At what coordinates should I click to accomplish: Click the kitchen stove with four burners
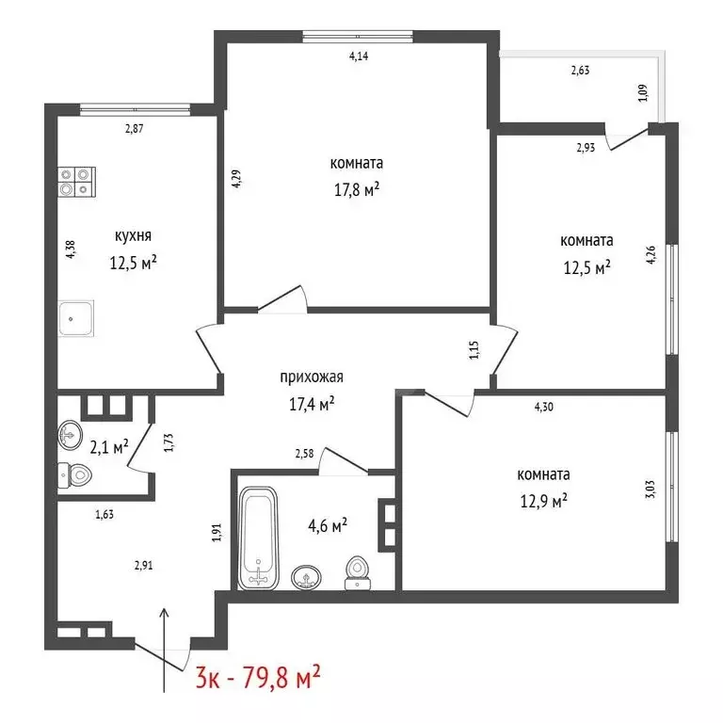pos(76,182)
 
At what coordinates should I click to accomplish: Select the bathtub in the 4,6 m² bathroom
pos(259,537)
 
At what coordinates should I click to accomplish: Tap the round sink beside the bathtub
pos(304,576)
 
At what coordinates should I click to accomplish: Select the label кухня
pos(133,236)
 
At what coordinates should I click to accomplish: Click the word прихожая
pos(312,378)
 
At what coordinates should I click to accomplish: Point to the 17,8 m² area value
pos(355,188)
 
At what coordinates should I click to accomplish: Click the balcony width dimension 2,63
pos(580,69)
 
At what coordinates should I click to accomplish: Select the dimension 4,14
pos(358,56)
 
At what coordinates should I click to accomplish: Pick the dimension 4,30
pos(543,408)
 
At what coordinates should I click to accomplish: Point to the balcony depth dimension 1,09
pos(643,95)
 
